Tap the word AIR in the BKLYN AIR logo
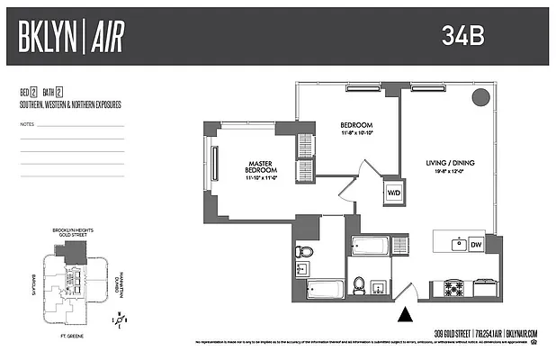[104, 36]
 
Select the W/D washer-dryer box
[394, 193]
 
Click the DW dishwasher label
[477, 243]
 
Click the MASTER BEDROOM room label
[261, 167]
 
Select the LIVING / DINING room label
[447, 163]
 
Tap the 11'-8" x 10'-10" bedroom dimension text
[356, 133]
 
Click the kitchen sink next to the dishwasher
[459, 242]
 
